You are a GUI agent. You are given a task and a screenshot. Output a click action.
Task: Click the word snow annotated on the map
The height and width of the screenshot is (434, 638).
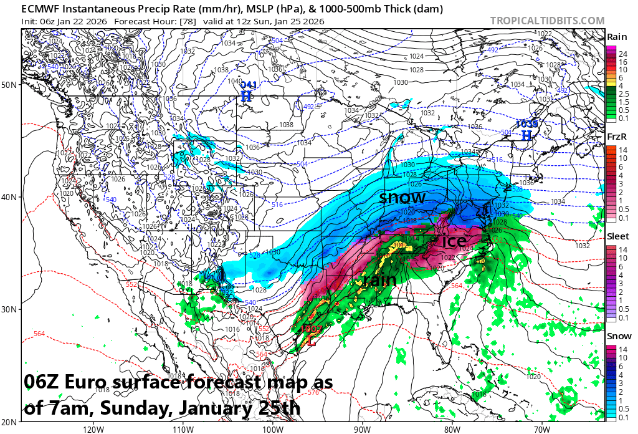click(402, 198)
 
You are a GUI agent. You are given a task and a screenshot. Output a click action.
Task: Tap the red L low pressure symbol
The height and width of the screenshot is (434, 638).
click(312, 340)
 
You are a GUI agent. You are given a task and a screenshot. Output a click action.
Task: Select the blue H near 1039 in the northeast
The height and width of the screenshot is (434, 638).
click(526, 135)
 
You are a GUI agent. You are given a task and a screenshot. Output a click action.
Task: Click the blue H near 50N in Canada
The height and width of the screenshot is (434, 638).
click(247, 96)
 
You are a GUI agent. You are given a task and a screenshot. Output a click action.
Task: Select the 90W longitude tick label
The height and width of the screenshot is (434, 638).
click(361, 428)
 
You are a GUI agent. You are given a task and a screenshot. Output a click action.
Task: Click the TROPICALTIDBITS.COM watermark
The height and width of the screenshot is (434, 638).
click(547, 21)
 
